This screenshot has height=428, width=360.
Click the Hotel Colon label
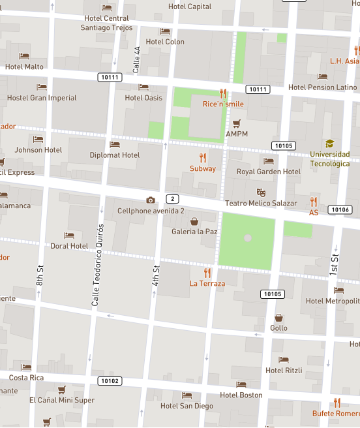165,42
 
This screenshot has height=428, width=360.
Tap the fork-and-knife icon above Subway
203,157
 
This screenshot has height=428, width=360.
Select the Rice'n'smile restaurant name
223,104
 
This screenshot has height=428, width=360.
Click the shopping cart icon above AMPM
237,123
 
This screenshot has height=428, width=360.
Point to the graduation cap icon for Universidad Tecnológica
330,144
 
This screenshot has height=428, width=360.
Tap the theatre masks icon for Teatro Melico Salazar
261,192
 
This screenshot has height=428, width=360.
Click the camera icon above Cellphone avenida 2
151,200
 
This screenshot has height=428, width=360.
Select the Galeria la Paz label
194,232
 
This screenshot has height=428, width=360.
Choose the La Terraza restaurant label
207,284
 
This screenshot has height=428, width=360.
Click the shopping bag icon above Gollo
278,318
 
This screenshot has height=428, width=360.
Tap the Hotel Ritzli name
284,371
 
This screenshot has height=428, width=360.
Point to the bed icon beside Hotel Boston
241,385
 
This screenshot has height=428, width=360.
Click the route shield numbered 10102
110,380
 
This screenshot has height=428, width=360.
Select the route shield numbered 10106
340,209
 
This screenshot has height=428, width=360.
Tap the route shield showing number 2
172,198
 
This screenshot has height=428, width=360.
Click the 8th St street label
40,275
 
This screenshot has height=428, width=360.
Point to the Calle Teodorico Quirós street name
97,265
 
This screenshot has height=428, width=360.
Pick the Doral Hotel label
69,246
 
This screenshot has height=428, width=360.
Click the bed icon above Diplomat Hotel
115,145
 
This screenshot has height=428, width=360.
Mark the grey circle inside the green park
247,238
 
